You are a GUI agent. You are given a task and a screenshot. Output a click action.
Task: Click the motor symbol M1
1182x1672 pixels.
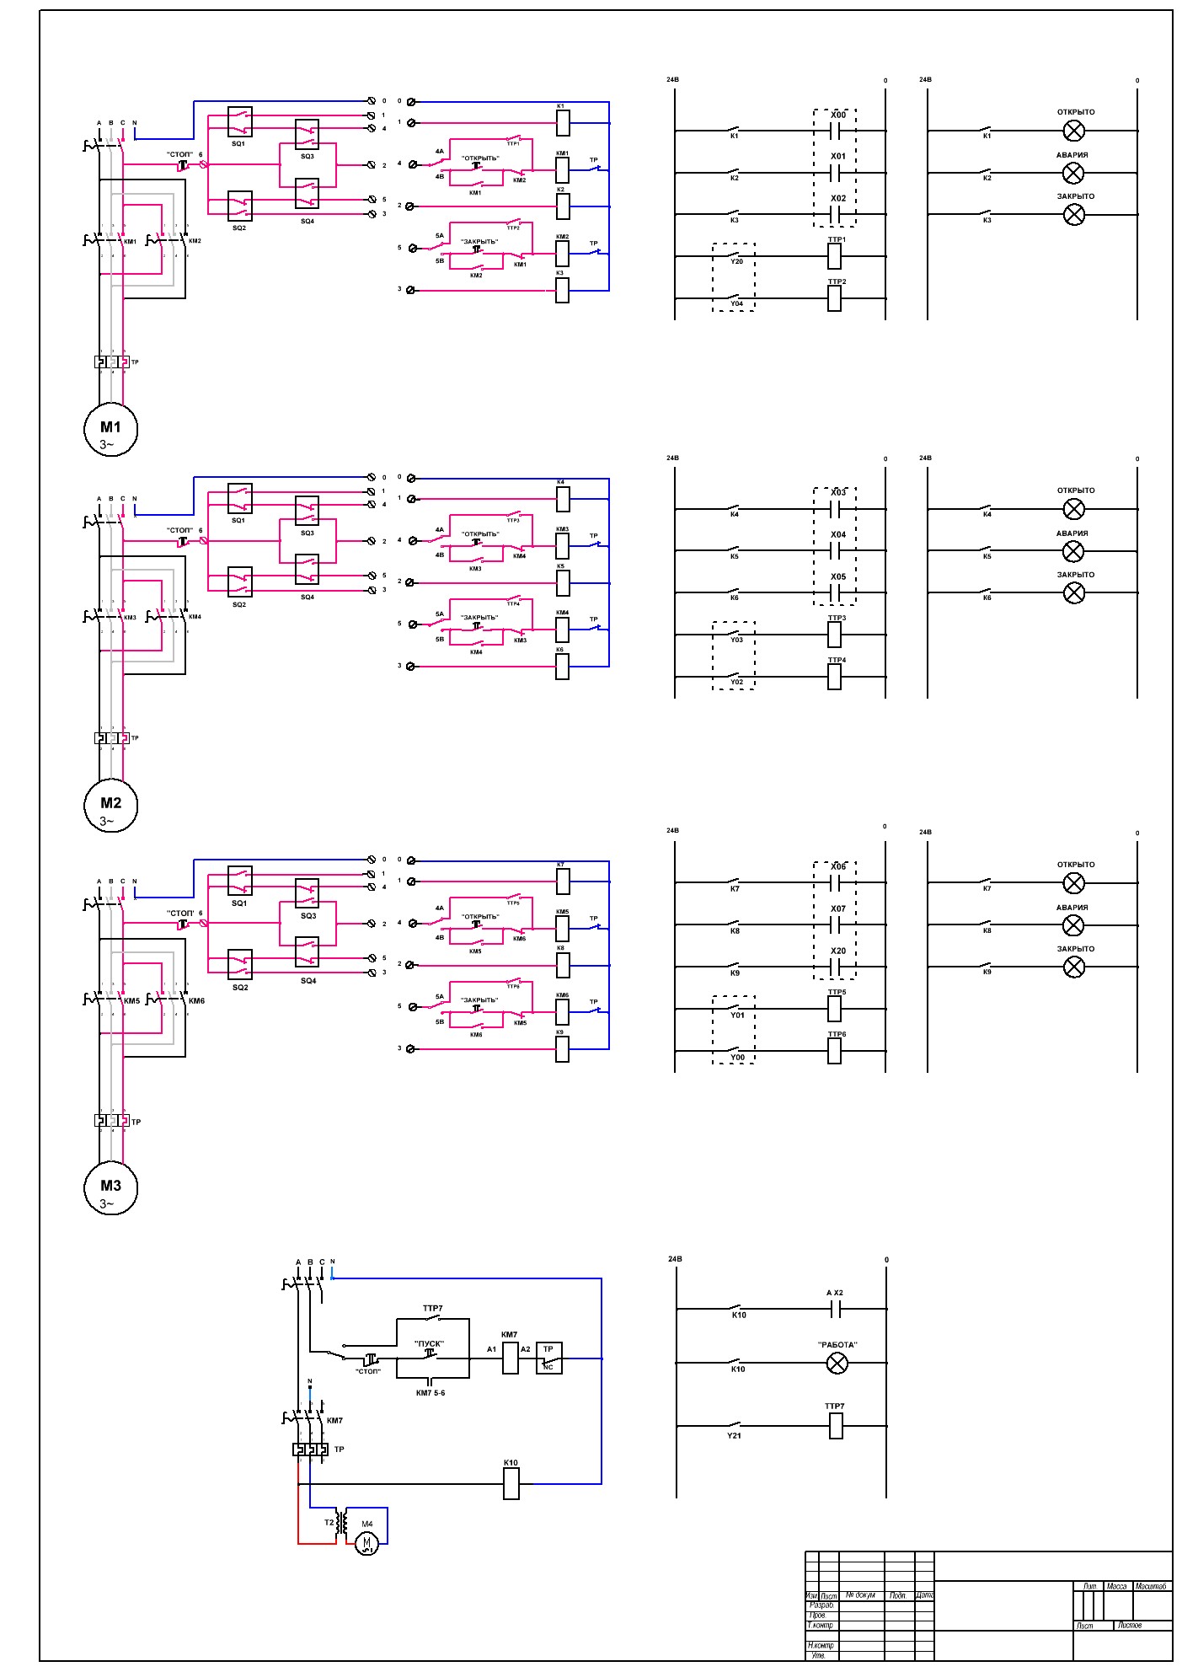tap(110, 430)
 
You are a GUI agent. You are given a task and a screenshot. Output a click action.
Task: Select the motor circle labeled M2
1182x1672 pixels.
tap(110, 806)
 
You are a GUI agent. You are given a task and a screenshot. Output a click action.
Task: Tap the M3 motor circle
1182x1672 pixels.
tap(110, 1188)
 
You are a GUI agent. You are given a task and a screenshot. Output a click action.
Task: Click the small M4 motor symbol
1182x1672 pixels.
tap(366, 1543)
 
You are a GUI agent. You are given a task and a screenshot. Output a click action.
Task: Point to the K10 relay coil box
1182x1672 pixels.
tap(511, 1483)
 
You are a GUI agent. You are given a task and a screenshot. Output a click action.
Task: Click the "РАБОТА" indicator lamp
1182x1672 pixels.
tap(837, 1363)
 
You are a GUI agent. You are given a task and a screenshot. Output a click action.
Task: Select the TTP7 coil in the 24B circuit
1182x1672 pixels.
tap(835, 1425)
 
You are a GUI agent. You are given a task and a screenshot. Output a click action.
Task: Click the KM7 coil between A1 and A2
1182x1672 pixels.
tap(510, 1358)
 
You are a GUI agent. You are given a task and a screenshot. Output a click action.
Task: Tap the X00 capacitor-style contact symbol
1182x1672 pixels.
tap(836, 131)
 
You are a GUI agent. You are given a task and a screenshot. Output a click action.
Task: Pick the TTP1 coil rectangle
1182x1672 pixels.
tap(835, 256)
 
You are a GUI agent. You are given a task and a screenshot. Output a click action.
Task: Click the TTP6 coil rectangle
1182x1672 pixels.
tap(835, 1051)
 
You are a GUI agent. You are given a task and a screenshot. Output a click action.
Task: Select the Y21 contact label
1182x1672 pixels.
tap(735, 1435)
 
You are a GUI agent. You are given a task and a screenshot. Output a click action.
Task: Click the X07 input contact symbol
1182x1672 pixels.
tap(836, 924)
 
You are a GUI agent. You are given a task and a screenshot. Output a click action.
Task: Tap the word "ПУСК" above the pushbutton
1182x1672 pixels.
tap(430, 1344)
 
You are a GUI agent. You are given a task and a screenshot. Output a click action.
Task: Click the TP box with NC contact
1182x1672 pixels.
tap(548, 1358)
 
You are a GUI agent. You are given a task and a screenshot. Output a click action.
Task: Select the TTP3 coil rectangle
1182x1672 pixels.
tap(835, 635)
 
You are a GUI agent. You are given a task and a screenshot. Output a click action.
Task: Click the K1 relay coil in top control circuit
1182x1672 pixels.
tap(563, 123)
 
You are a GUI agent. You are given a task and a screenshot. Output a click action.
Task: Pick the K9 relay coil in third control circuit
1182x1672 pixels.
tap(563, 1049)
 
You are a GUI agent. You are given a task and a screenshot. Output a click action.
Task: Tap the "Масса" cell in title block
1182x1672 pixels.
tap(1116, 1586)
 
